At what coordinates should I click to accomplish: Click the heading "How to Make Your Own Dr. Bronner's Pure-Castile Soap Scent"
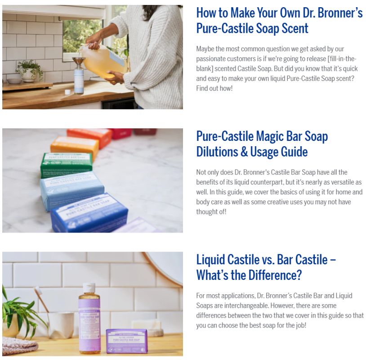[279, 21]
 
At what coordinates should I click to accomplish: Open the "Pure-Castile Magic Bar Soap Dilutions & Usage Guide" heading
[262, 144]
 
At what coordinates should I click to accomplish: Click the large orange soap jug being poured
[103, 61]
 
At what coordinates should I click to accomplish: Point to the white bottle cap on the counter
[67, 92]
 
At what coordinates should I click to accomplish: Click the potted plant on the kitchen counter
[29, 71]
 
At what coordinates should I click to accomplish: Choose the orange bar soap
[74, 147]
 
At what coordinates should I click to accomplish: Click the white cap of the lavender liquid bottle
[89, 288]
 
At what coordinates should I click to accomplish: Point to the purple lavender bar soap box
[127, 341]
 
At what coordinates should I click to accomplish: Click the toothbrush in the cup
[41, 300]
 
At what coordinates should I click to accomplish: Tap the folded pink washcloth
[20, 346]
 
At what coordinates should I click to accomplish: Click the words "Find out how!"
[214, 88]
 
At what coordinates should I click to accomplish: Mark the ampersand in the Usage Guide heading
[244, 152]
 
